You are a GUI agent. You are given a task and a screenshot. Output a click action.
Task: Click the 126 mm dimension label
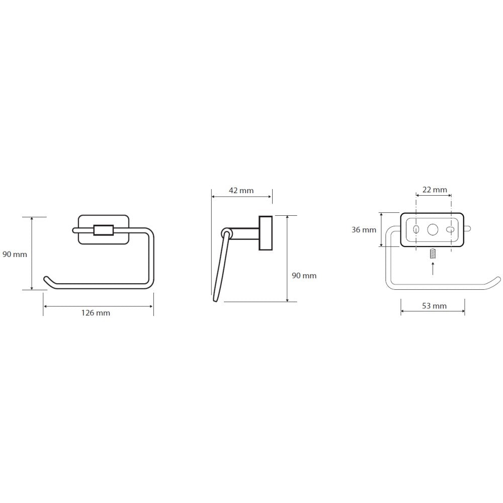[96, 313]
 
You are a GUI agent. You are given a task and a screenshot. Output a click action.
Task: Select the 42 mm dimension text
[241, 191]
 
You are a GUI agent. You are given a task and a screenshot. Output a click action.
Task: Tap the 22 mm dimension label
[435, 190]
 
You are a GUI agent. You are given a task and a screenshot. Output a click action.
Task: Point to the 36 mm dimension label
[364, 230]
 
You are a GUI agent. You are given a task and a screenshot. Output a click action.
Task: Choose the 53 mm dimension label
[435, 306]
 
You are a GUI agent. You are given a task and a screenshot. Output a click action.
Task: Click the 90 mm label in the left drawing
[15, 255]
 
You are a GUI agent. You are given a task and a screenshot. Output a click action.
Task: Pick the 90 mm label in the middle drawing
[304, 276]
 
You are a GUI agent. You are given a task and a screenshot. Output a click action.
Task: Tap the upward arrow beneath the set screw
[433, 268]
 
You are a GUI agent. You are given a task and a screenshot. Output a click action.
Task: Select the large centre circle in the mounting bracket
[433, 230]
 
